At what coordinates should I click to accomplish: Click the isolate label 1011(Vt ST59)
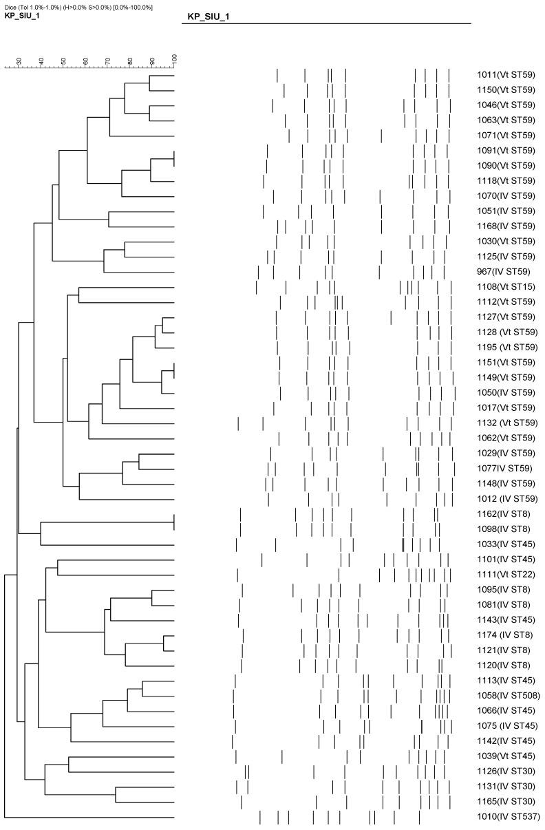505,75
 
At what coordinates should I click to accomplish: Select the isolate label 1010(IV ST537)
509,817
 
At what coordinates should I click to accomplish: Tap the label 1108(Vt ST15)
505,287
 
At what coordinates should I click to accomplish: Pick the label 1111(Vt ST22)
505,575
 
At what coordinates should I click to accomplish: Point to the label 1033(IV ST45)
505,544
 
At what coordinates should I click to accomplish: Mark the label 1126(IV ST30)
505,772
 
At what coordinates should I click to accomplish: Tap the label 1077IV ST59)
505,469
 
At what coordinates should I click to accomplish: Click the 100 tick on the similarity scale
174,61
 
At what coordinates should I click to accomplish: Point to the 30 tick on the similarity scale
19,61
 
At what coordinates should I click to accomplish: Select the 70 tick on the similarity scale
107,61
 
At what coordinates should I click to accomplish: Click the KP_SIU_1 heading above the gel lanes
209,16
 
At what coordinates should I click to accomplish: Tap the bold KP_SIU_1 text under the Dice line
22,16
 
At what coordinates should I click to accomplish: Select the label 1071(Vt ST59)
505,136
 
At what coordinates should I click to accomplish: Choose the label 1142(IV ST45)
505,741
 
